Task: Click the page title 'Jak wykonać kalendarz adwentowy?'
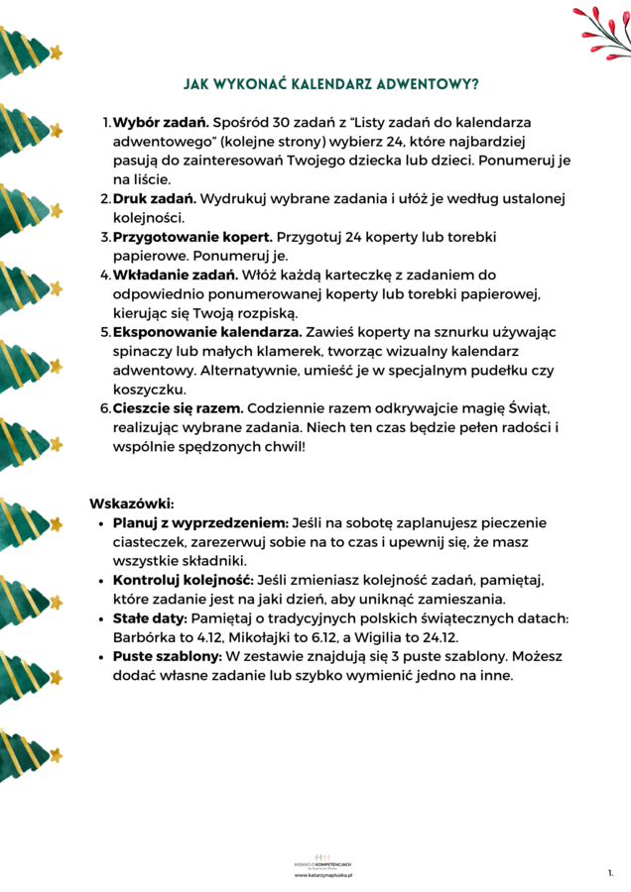(331, 85)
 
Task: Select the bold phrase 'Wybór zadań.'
(160, 122)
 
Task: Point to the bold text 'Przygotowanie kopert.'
(192, 238)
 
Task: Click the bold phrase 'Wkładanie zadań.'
(175, 275)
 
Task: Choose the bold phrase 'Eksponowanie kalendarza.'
(206, 332)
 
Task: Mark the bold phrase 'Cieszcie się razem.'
(178, 408)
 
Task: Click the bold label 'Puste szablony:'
(168, 656)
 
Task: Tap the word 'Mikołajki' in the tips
(281, 637)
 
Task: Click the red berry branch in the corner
(602, 30)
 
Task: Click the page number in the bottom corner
(610, 874)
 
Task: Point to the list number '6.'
(105, 408)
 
